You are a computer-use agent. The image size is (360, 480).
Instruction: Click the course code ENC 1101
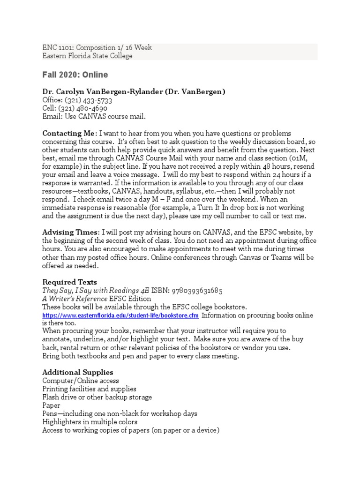(x=58, y=48)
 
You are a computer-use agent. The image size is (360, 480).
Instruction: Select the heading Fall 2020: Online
(x=75, y=75)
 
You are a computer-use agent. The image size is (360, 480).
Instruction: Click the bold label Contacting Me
(x=68, y=134)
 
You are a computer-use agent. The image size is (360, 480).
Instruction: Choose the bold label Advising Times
(x=70, y=232)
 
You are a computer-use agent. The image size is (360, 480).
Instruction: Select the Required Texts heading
(x=69, y=282)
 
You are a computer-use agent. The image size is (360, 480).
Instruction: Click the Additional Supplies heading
(x=77, y=373)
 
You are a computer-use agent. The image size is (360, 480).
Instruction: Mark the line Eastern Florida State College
(x=87, y=56)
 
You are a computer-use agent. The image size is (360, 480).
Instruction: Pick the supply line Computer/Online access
(x=81, y=381)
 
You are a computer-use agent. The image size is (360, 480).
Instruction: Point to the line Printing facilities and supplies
(x=89, y=389)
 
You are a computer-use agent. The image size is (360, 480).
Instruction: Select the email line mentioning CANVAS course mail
(x=94, y=117)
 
